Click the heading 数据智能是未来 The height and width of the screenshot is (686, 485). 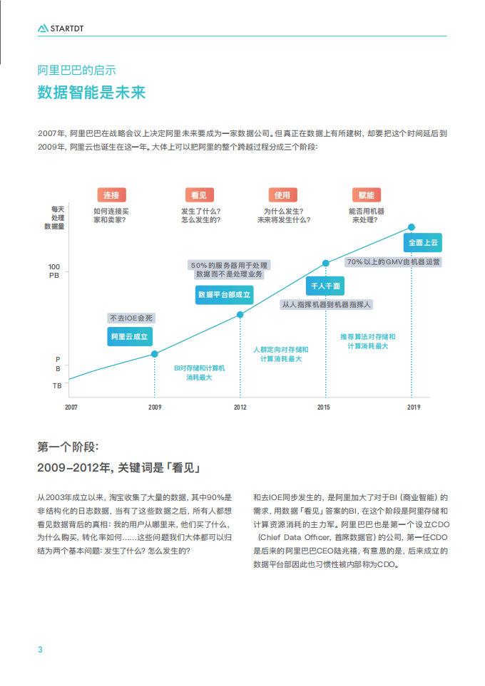pos(91,93)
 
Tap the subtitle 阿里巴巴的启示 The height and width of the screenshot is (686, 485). pos(76,71)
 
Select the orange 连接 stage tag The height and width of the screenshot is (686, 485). pos(111,195)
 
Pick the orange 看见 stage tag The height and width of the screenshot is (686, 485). pos(199,195)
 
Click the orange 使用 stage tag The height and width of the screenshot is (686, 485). pos(282,195)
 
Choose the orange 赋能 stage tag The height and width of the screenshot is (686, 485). pos(367,195)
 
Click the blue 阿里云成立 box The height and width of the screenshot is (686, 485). pos(130,336)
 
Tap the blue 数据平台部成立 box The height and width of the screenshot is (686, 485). pos(224,294)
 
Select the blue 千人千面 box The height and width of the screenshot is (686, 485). pos(325,286)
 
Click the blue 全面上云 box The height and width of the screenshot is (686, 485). pos(422,243)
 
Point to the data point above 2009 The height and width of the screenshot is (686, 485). pos(155,353)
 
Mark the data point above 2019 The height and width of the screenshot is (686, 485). pos(412,227)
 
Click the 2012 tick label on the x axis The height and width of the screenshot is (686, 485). pos(240,407)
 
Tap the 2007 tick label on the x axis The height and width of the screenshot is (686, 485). pos(71,407)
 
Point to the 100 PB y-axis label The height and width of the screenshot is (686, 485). pos(54,271)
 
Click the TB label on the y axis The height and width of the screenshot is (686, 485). pos(57,385)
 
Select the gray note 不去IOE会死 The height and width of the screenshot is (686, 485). pos(130,318)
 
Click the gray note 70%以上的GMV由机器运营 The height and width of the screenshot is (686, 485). pos(393,262)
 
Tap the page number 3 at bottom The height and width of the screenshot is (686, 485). pos(40,649)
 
